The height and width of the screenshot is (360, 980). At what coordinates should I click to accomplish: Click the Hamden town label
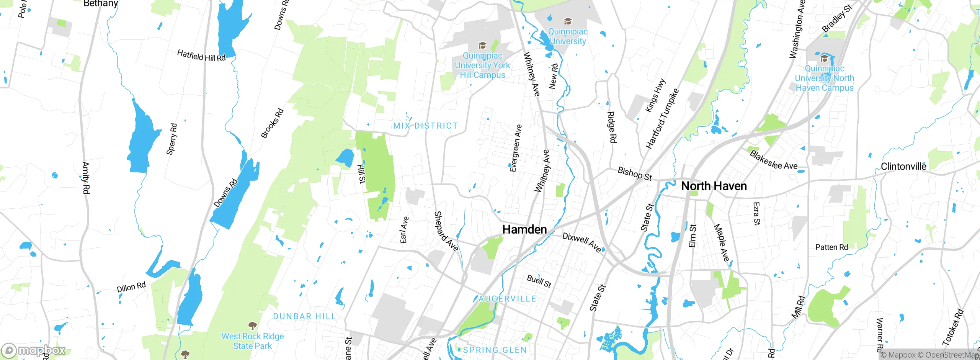[x=524, y=229]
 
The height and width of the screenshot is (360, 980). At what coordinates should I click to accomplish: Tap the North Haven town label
[x=714, y=186]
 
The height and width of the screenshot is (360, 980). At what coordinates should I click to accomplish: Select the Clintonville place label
[x=903, y=167]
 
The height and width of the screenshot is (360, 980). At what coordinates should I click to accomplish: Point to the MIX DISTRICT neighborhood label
[x=425, y=126]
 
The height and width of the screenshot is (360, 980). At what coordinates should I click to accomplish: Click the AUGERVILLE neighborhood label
[x=508, y=299]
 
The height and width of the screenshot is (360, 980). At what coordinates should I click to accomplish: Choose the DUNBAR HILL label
[x=304, y=316]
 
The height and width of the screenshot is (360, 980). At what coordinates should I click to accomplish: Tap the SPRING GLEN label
[x=495, y=350]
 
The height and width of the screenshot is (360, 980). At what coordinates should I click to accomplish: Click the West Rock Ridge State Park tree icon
[x=252, y=326]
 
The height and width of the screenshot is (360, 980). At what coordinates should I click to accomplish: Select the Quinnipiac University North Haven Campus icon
[x=824, y=59]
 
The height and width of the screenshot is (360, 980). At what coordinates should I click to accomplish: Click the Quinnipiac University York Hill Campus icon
[x=482, y=46]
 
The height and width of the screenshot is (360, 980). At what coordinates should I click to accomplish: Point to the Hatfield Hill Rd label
[x=201, y=56]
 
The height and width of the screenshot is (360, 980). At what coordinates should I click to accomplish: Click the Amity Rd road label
[x=86, y=178]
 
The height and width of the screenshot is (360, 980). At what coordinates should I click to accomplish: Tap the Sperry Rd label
[x=171, y=139]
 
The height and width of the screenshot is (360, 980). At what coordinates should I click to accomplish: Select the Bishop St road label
[x=634, y=174]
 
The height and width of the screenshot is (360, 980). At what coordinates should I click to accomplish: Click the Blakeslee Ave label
[x=773, y=160]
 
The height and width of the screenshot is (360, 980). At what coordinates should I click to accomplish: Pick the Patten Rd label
[x=831, y=247]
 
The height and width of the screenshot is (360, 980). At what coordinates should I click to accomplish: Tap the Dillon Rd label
[x=131, y=287]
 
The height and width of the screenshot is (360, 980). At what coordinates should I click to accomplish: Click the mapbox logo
[x=34, y=350]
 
